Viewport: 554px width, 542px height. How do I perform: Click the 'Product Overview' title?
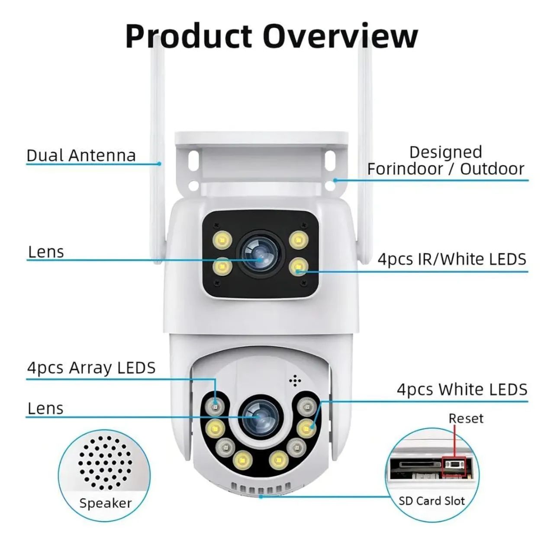pos(271,36)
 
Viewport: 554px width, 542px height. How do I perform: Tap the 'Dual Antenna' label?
pos(81,155)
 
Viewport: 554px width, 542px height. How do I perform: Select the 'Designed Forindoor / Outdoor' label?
pos(445,160)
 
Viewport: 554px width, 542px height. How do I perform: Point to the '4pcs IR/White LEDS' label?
pos(452,259)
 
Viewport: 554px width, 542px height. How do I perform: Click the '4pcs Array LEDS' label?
pos(91,368)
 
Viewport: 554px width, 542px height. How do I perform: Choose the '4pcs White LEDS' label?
pos(462,389)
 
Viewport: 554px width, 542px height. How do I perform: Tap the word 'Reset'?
pos(466,418)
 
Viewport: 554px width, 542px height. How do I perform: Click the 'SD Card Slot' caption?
pos(432,501)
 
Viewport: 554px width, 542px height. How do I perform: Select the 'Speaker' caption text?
pos(106,503)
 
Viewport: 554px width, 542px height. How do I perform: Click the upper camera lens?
pos(261,255)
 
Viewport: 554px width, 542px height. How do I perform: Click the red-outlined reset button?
pos(454,466)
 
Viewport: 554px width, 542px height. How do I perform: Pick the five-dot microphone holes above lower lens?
pos(295,381)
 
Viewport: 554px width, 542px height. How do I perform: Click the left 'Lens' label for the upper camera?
pos(46,252)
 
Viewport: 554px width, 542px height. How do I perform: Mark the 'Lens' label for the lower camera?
pos(45,409)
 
